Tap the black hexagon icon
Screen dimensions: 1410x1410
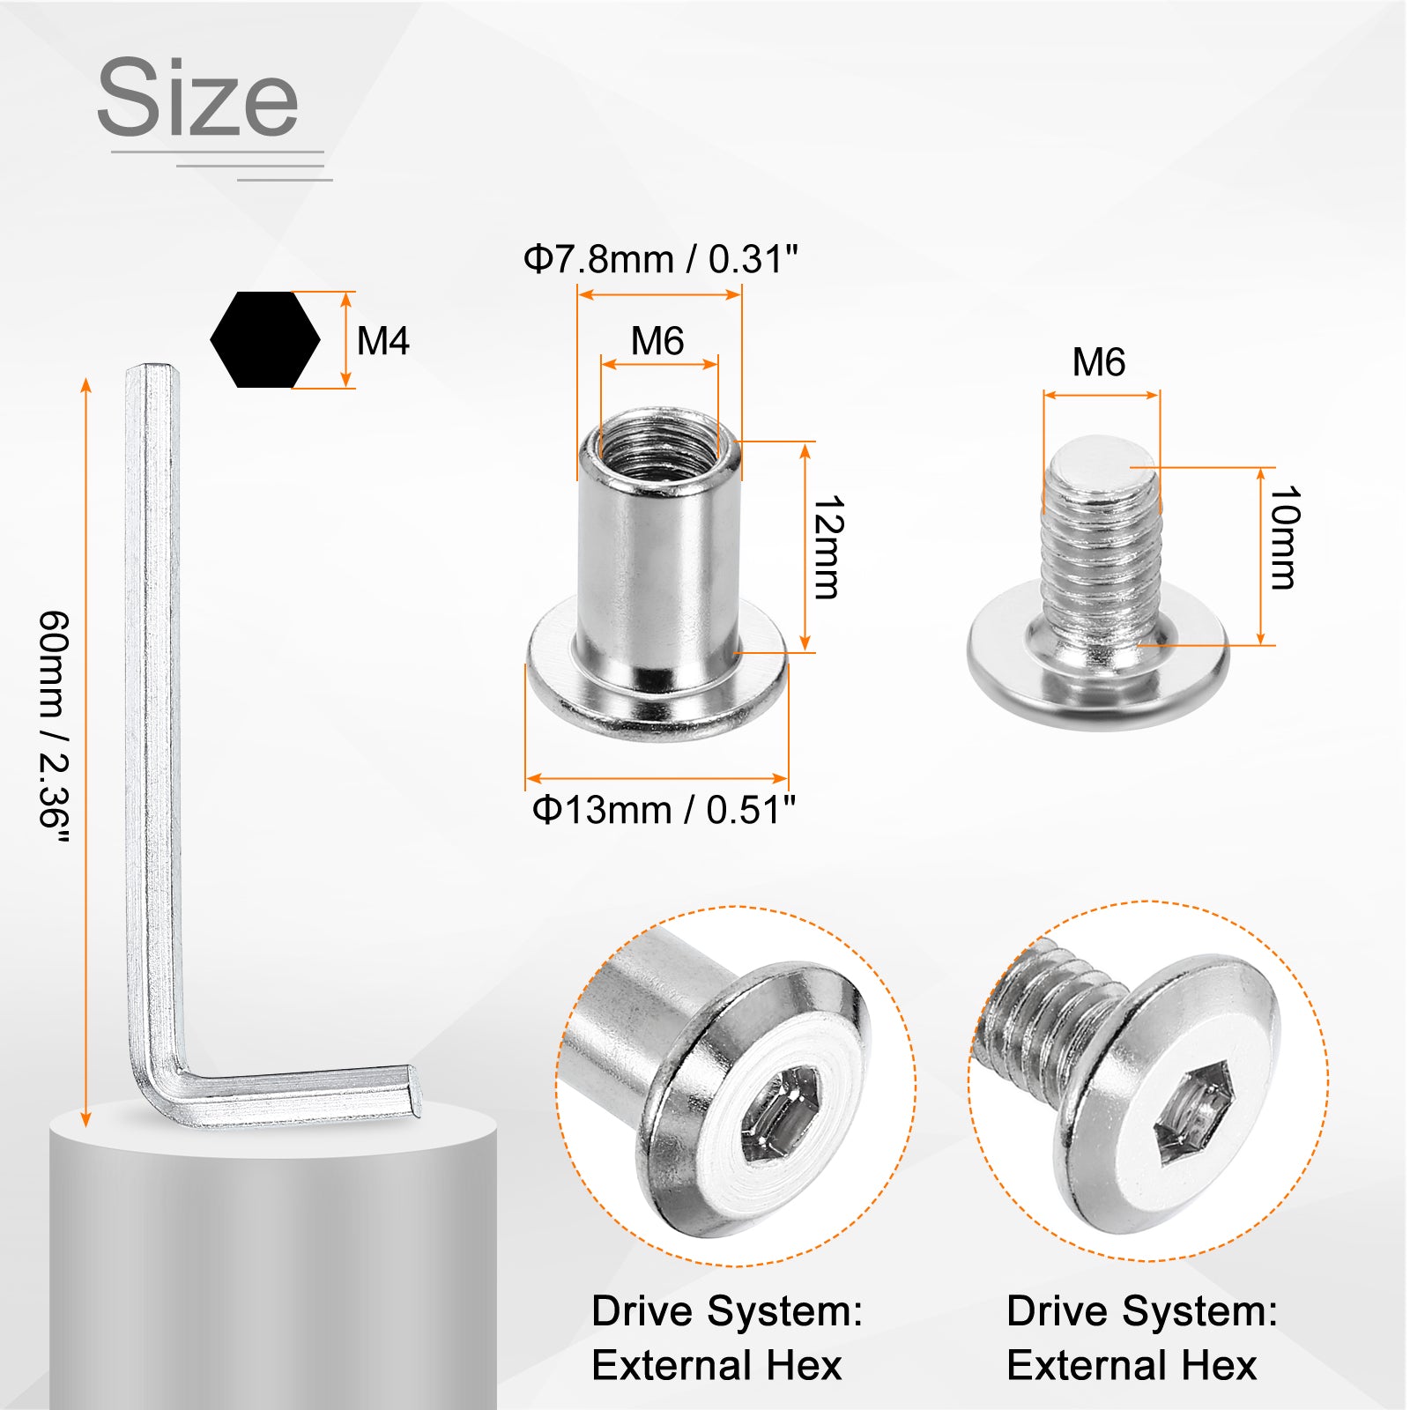tap(265, 339)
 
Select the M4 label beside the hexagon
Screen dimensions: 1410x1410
tap(383, 341)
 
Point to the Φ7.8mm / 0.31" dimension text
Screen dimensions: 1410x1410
tap(660, 259)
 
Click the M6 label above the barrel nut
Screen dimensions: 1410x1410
tap(657, 341)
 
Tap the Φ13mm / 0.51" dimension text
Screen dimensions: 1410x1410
tap(664, 809)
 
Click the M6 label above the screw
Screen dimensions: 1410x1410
tap(1099, 362)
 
